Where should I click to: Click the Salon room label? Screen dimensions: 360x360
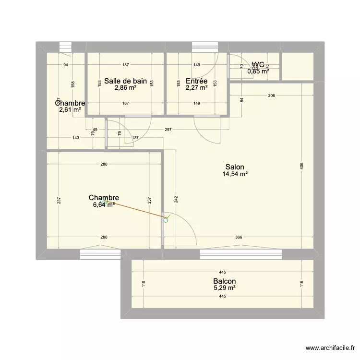pos(234,168)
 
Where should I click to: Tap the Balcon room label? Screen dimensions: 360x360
pos(225,282)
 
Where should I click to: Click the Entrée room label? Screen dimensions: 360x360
pos(196,81)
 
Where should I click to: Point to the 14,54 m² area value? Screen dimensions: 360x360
pos(235,174)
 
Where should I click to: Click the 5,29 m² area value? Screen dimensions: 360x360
pos(225,288)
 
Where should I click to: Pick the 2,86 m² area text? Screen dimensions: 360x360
pos(125,88)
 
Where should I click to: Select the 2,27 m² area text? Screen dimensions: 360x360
pos(196,88)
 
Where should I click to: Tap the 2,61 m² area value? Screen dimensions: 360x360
pos(70,110)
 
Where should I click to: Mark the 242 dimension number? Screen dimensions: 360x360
pos(176,199)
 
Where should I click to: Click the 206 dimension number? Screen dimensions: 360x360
pos(271,96)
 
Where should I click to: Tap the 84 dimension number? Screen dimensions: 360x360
pos(242,100)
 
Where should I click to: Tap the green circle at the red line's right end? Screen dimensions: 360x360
pos(166,220)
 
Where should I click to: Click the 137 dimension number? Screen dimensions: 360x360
pos(135,138)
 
